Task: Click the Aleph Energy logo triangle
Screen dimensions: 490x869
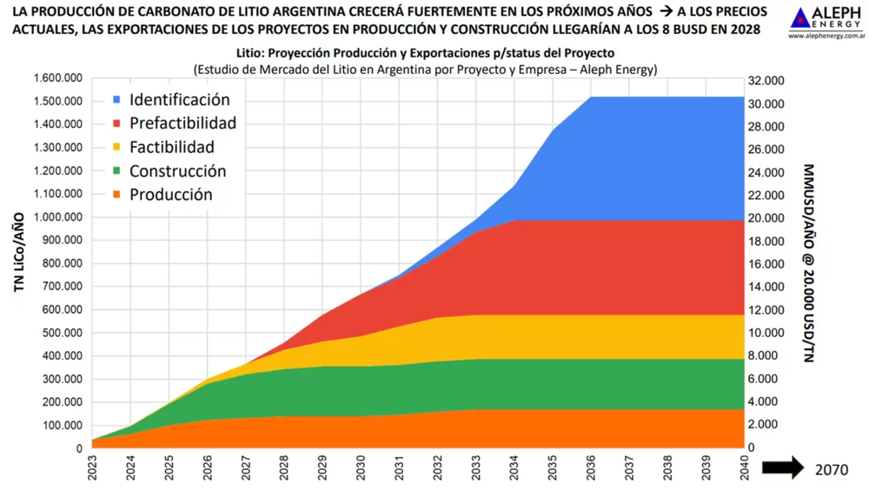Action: (x=801, y=17)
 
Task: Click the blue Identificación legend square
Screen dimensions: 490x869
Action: (x=116, y=100)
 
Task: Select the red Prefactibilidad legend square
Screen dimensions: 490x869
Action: (x=116, y=123)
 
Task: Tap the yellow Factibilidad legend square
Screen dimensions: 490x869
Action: (x=116, y=148)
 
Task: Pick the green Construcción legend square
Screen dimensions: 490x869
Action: (x=116, y=171)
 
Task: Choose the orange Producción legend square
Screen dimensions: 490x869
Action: (x=116, y=195)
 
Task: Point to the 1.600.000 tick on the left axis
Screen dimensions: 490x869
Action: (x=57, y=78)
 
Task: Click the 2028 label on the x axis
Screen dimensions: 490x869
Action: (x=285, y=470)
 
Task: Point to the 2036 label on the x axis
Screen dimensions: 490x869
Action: (x=591, y=470)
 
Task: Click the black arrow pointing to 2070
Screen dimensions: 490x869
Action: (x=782, y=468)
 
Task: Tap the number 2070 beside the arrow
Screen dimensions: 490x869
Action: (x=832, y=469)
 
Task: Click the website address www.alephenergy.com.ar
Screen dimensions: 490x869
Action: (x=826, y=36)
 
